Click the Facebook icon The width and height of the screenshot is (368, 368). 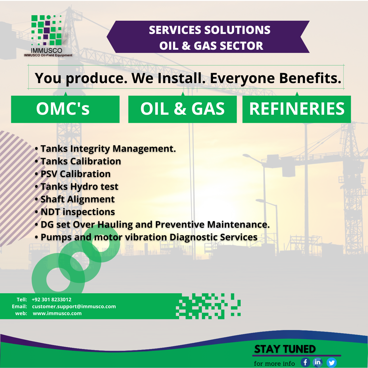click(x=305, y=362)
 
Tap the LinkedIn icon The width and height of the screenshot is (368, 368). click(x=318, y=362)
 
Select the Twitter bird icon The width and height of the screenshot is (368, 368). click(x=331, y=363)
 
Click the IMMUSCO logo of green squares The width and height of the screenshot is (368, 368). click(x=46, y=30)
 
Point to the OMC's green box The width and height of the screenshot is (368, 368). click(x=65, y=109)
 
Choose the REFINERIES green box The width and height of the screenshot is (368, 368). click(x=297, y=109)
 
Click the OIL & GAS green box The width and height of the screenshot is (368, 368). click(x=182, y=109)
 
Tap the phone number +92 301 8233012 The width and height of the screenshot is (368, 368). click(x=51, y=300)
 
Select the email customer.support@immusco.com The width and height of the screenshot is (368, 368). click(x=74, y=306)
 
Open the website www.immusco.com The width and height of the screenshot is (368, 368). click(x=57, y=313)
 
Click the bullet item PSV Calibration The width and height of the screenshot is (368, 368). click(x=73, y=174)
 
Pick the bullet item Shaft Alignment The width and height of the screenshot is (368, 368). click(x=75, y=199)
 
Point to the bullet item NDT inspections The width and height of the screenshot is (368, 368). click(x=75, y=212)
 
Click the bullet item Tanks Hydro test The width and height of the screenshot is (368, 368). click(x=76, y=187)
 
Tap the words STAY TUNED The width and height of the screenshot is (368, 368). click(x=285, y=349)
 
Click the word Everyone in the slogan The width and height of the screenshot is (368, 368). click(x=242, y=78)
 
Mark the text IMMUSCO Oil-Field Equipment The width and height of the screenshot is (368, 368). click(x=48, y=55)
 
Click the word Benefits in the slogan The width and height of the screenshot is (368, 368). click(x=310, y=78)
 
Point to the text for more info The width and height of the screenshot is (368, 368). click(x=274, y=363)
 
